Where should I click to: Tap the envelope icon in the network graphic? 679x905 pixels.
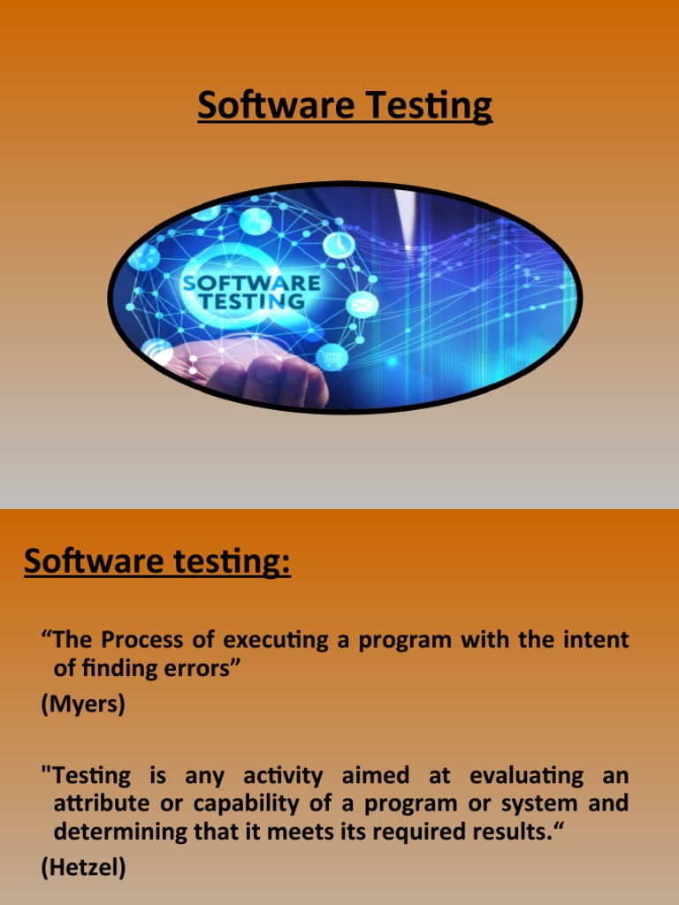pyautogui.click(x=362, y=305)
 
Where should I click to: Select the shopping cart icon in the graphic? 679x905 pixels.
pyautogui.click(x=332, y=358)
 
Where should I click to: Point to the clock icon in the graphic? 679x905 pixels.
pyautogui.click(x=339, y=245)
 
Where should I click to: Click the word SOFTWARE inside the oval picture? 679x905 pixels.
pyautogui.click(x=250, y=284)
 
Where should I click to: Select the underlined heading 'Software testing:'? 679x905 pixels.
pyautogui.click(x=157, y=561)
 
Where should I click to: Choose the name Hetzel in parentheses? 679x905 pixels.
pyautogui.click(x=84, y=868)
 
